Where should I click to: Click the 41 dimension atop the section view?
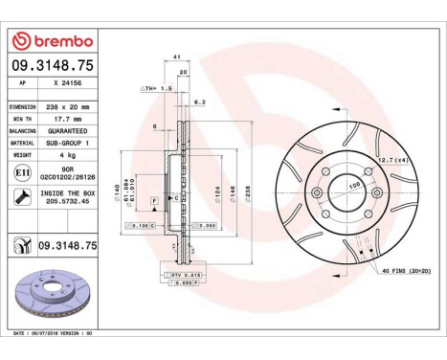click(178, 58)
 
